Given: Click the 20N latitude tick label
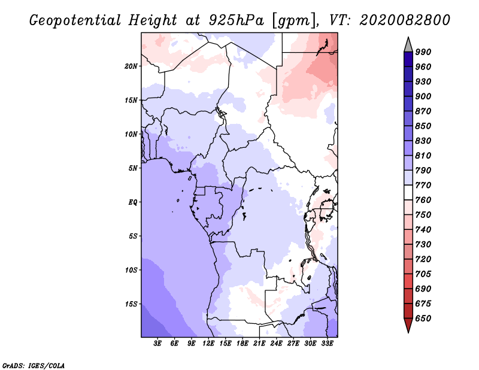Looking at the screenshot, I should (x=131, y=66).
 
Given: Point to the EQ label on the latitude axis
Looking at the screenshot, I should (x=133, y=202).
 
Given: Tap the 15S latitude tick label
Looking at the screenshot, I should (x=131, y=304).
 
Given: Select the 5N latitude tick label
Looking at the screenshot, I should (x=133, y=168).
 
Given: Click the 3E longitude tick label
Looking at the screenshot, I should (x=158, y=344).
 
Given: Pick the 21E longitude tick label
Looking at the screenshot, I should (x=259, y=344).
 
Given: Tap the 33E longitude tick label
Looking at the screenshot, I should (x=327, y=344).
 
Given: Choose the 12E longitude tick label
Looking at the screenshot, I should (x=209, y=344).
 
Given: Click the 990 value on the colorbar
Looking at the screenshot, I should (x=423, y=52).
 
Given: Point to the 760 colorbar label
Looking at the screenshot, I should (x=423, y=200).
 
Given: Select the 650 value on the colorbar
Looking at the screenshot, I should (x=423, y=319).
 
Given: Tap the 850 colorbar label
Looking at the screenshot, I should (x=423, y=126).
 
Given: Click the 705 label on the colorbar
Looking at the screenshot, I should (x=423, y=274).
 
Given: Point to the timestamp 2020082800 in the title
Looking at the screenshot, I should (x=404, y=20).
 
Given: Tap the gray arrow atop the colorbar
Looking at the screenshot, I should (x=408, y=44).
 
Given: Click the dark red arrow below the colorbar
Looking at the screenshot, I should (x=408, y=326).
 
